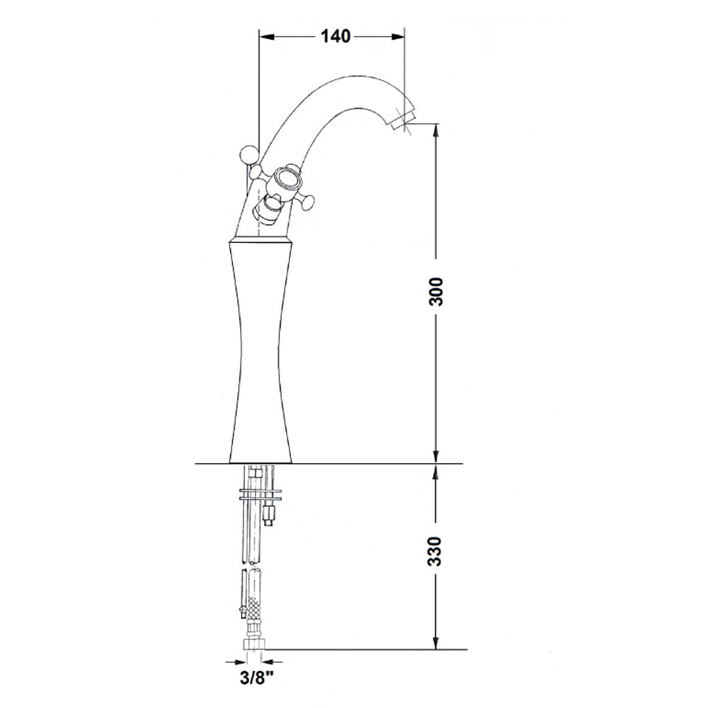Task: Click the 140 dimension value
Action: coord(336,36)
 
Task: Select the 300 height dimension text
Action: coord(436,292)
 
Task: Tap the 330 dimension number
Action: coord(435,551)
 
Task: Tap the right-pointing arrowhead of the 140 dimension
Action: coord(398,37)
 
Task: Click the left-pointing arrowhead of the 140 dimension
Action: coord(265,37)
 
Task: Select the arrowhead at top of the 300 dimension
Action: coord(435,130)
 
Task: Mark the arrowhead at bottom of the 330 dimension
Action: coord(435,643)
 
